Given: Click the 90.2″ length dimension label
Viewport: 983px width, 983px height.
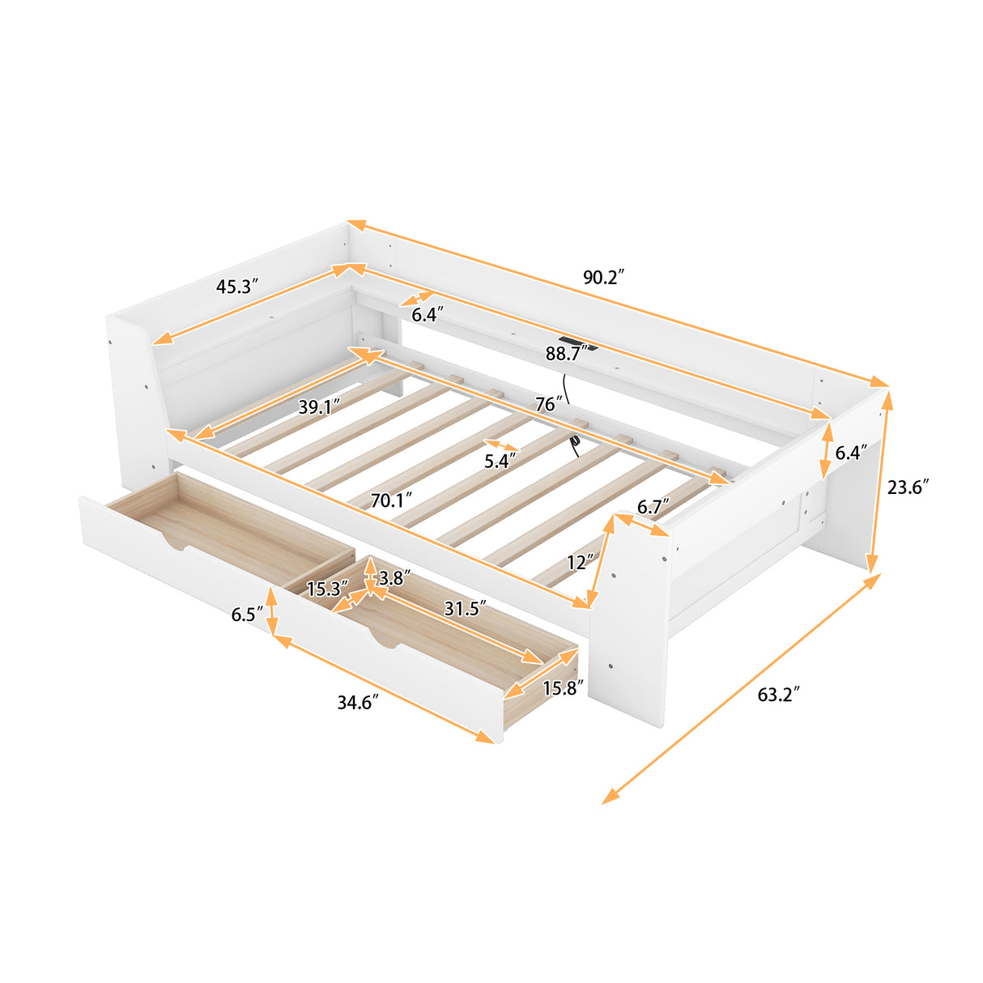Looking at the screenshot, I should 603,277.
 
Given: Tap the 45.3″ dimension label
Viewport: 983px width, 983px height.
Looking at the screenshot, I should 236,286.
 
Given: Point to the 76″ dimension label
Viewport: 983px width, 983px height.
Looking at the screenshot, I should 548,403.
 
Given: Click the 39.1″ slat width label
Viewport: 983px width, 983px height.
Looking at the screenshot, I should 319,406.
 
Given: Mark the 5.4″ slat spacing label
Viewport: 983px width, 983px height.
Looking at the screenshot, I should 500,462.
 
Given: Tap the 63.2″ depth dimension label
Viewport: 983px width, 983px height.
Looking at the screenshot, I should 778,694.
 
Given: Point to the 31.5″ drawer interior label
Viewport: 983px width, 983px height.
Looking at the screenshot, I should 465,607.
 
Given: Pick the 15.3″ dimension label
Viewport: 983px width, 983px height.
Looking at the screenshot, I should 327,589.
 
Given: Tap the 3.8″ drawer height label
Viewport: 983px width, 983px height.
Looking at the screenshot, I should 394,578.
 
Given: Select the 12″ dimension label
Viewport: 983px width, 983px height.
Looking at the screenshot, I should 581,561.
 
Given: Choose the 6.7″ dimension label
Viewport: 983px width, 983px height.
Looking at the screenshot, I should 653,508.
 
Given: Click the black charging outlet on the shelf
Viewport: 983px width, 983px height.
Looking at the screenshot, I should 576,344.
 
